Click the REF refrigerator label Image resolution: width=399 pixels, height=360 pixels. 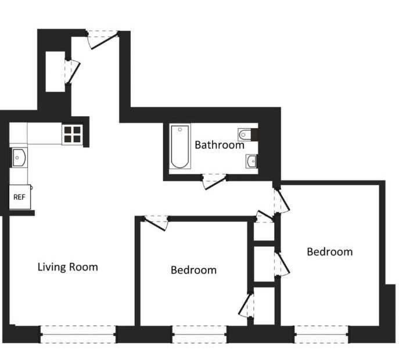tap(19, 197)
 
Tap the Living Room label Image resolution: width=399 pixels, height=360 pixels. tap(68, 267)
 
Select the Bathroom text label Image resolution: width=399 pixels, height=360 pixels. tap(220, 145)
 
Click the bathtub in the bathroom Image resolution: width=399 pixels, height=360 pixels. tap(180, 146)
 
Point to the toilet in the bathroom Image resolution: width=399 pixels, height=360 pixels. tap(245, 135)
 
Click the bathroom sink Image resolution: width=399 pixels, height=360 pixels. tap(251, 161)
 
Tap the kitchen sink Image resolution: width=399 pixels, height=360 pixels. tap(19, 158)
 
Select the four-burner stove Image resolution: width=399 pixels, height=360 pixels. tap(72, 135)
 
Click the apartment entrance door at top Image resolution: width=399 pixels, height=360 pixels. tap(103, 40)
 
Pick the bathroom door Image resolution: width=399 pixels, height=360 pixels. tap(214, 182)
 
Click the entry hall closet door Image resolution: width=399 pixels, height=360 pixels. tap(73, 72)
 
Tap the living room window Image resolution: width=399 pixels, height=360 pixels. tap(78, 334)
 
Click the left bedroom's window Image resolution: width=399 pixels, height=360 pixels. tap(200, 334)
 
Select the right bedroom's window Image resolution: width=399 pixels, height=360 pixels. tap(322, 334)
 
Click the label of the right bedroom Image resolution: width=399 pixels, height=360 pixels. tap(330, 252)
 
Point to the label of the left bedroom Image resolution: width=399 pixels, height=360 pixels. tap(193, 270)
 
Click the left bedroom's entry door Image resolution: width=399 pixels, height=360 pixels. tap(155, 224)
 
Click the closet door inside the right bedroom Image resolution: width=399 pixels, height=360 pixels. tap(282, 264)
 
